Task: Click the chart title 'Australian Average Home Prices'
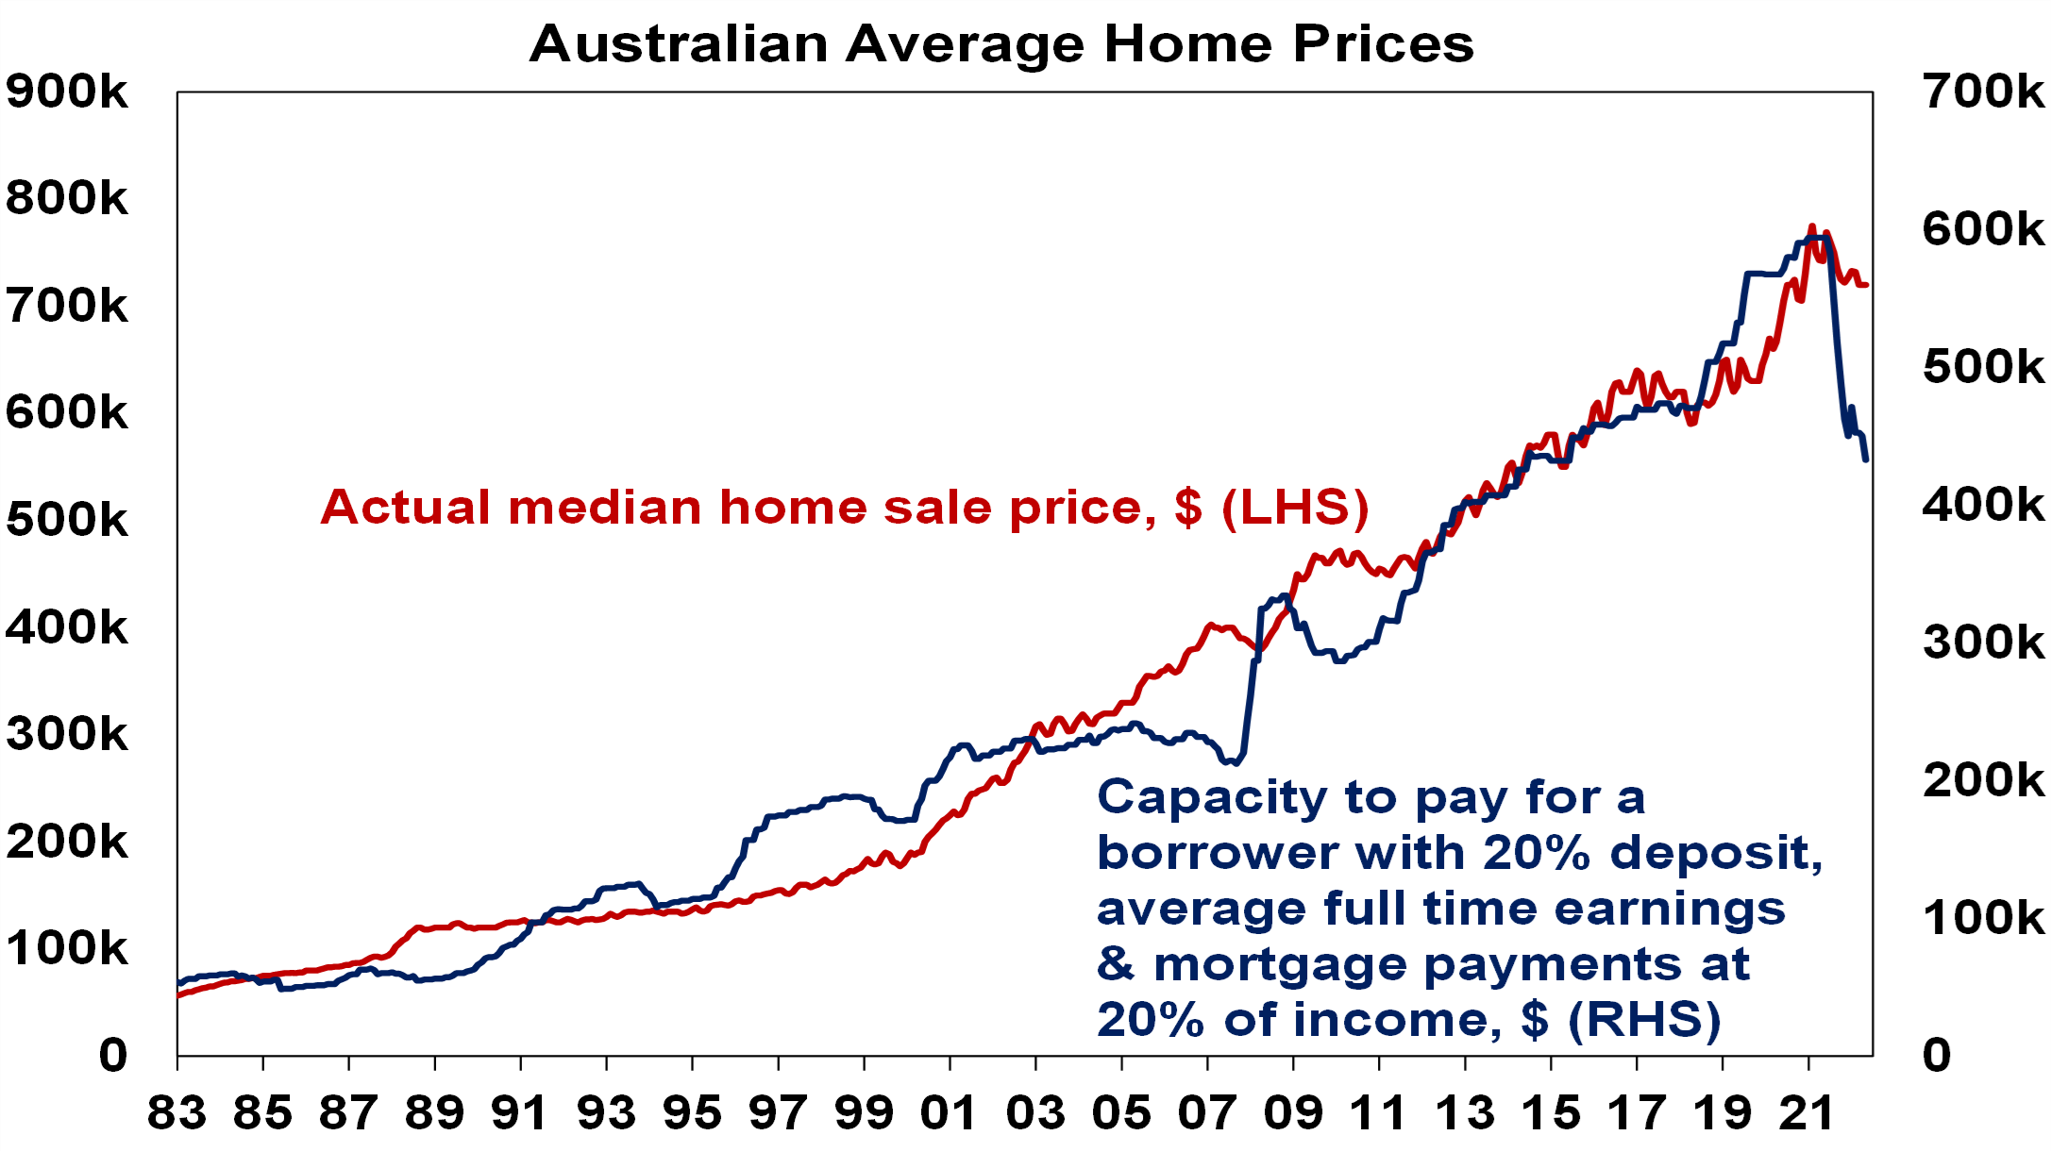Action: point(1001,43)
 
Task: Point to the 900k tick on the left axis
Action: point(67,92)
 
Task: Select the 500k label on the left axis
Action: point(67,520)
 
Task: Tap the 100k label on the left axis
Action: point(67,948)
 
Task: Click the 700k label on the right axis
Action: point(1984,92)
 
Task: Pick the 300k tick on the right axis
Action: point(1984,643)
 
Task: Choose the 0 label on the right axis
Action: point(1937,1055)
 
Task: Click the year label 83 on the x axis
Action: point(177,1112)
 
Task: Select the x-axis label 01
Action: point(950,1112)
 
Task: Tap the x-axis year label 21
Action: point(1807,1112)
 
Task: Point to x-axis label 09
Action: point(1293,1112)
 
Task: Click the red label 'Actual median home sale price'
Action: point(736,508)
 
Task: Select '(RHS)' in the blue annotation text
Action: point(1644,1020)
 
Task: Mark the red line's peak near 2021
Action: point(1811,226)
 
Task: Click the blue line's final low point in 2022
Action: point(1866,459)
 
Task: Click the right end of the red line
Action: point(1866,284)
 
